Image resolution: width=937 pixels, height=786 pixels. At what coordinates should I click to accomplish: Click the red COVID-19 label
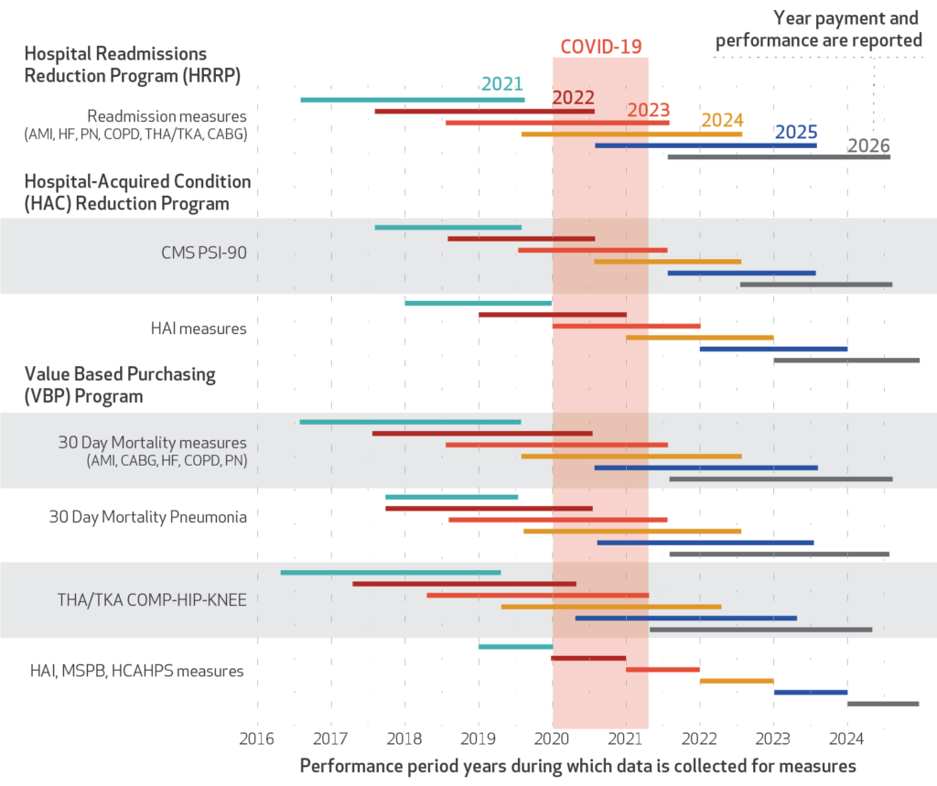point(600,47)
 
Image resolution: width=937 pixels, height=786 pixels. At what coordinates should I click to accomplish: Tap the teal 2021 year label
point(502,84)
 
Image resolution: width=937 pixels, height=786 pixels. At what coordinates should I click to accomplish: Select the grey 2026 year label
point(868,146)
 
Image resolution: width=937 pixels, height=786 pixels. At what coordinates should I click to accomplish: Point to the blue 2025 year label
point(796,132)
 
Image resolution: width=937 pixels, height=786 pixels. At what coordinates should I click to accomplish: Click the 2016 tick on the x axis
point(257,737)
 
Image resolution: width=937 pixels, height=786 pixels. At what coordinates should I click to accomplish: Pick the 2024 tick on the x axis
point(847,737)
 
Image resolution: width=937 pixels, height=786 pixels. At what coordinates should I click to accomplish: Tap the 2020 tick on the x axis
point(553,737)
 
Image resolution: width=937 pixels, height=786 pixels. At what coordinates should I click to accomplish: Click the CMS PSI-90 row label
point(201,253)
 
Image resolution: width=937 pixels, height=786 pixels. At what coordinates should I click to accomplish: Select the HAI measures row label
point(199,328)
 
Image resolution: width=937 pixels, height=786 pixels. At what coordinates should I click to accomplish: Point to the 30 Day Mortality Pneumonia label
point(148,517)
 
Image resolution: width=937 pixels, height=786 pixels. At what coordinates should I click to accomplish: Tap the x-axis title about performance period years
point(577,765)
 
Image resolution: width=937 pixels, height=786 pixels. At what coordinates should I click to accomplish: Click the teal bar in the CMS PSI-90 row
point(448,227)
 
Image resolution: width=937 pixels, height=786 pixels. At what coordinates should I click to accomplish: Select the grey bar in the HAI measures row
point(846,361)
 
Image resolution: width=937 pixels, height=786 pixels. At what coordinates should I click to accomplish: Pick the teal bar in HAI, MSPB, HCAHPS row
point(515,647)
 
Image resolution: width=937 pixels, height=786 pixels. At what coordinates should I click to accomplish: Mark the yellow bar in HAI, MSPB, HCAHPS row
point(737,681)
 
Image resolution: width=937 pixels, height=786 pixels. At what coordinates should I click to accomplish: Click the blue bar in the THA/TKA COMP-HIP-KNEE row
point(685,619)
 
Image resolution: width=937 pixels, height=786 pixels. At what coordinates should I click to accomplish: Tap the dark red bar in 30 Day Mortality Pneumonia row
point(489,508)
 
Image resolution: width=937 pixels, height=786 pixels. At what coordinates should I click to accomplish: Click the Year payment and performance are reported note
point(819,28)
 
